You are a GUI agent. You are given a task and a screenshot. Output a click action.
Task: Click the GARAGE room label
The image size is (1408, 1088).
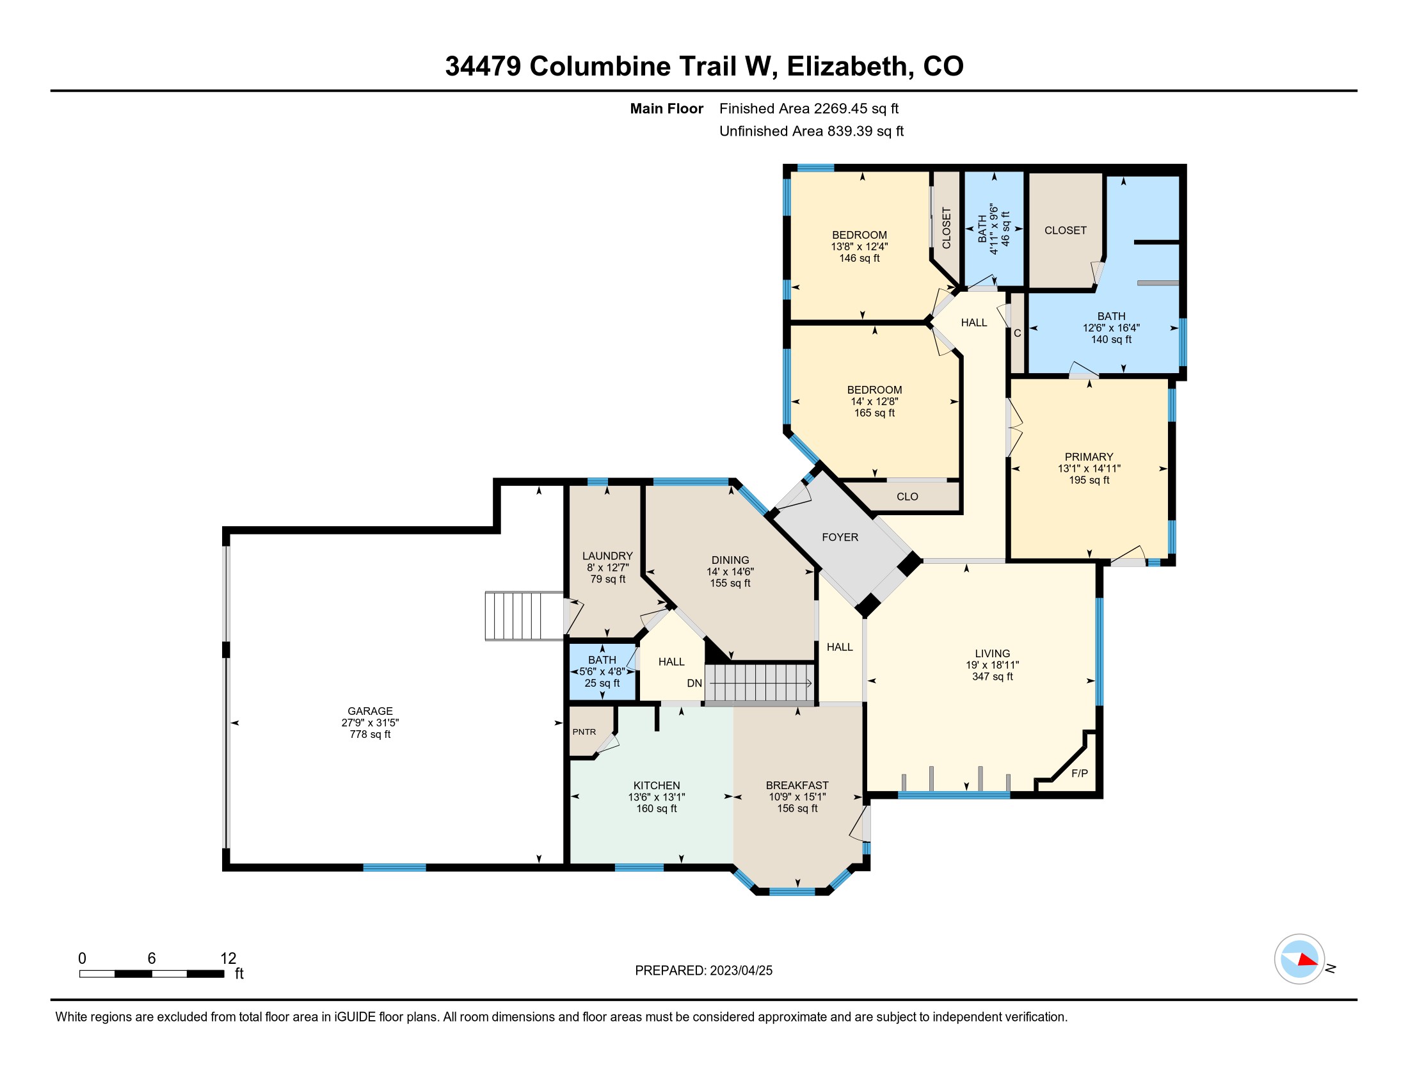point(370,711)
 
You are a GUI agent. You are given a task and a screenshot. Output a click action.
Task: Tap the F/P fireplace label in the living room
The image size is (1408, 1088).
point(1079,774)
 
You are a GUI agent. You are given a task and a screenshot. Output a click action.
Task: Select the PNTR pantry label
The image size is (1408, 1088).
point(584,732)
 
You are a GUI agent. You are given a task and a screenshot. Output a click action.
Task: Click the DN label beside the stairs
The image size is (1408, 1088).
point(694,684)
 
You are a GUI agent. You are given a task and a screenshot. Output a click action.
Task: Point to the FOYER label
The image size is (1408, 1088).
point(840,537)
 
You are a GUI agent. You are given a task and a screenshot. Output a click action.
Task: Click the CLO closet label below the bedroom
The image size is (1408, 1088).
point(907,496)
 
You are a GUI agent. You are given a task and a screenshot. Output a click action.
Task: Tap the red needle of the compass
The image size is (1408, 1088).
point(1308,961)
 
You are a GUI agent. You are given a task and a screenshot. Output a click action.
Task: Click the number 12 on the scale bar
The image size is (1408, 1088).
point(228,959)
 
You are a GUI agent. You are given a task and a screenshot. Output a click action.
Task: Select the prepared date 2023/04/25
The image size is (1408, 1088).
point(741,971)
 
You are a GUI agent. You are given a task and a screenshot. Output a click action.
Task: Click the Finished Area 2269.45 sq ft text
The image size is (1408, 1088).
point(808,108)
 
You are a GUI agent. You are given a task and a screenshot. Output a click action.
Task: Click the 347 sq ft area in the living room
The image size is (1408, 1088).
point(992,676)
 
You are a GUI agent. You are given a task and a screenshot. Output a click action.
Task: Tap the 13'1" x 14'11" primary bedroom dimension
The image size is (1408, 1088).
point(1089,468)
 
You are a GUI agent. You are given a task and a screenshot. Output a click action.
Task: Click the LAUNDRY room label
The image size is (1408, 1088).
point(607,556)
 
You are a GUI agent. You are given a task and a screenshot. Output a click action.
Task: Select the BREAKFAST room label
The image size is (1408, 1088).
point(797,785)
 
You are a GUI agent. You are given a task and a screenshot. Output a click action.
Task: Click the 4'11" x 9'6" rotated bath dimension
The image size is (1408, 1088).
point(993,230)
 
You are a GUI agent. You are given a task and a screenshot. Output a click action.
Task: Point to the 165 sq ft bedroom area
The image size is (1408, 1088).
point(874,413)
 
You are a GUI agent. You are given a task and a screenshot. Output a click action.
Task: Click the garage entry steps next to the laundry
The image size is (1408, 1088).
point(524,616)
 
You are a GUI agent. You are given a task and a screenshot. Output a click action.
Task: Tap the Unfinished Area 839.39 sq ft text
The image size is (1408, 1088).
point(811,131)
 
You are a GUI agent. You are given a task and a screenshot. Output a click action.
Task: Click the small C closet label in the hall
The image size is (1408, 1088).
point(1018,333)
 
